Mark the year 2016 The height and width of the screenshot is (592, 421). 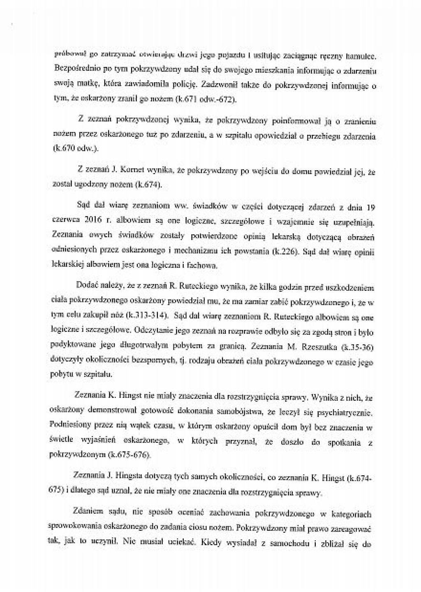pos(97,220)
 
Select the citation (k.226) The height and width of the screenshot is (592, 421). pos(285,251)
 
